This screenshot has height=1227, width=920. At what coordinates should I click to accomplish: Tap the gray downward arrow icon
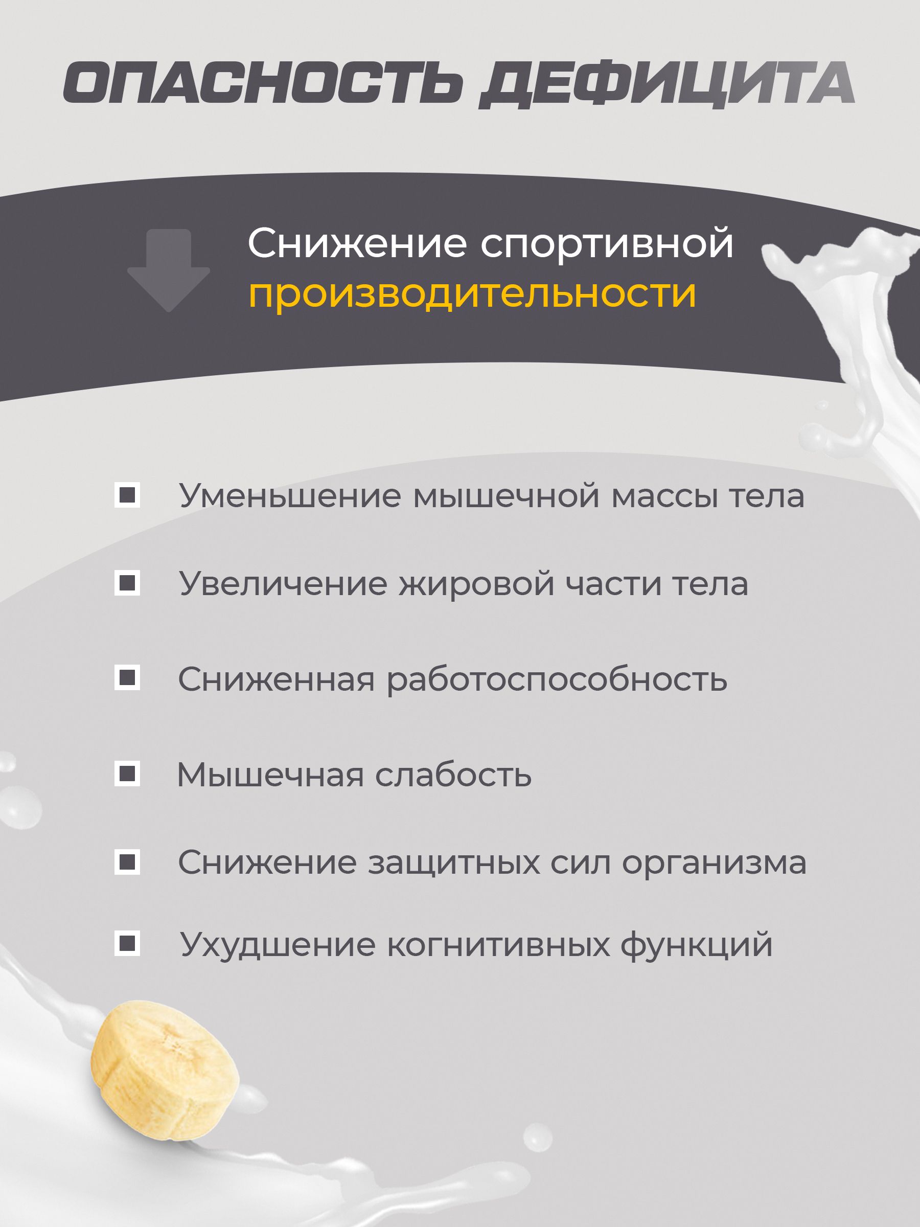coord(169,270)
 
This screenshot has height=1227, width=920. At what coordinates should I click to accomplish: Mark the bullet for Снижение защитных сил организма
coord(127,861)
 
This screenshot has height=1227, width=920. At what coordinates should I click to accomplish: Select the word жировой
coord(477,585)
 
